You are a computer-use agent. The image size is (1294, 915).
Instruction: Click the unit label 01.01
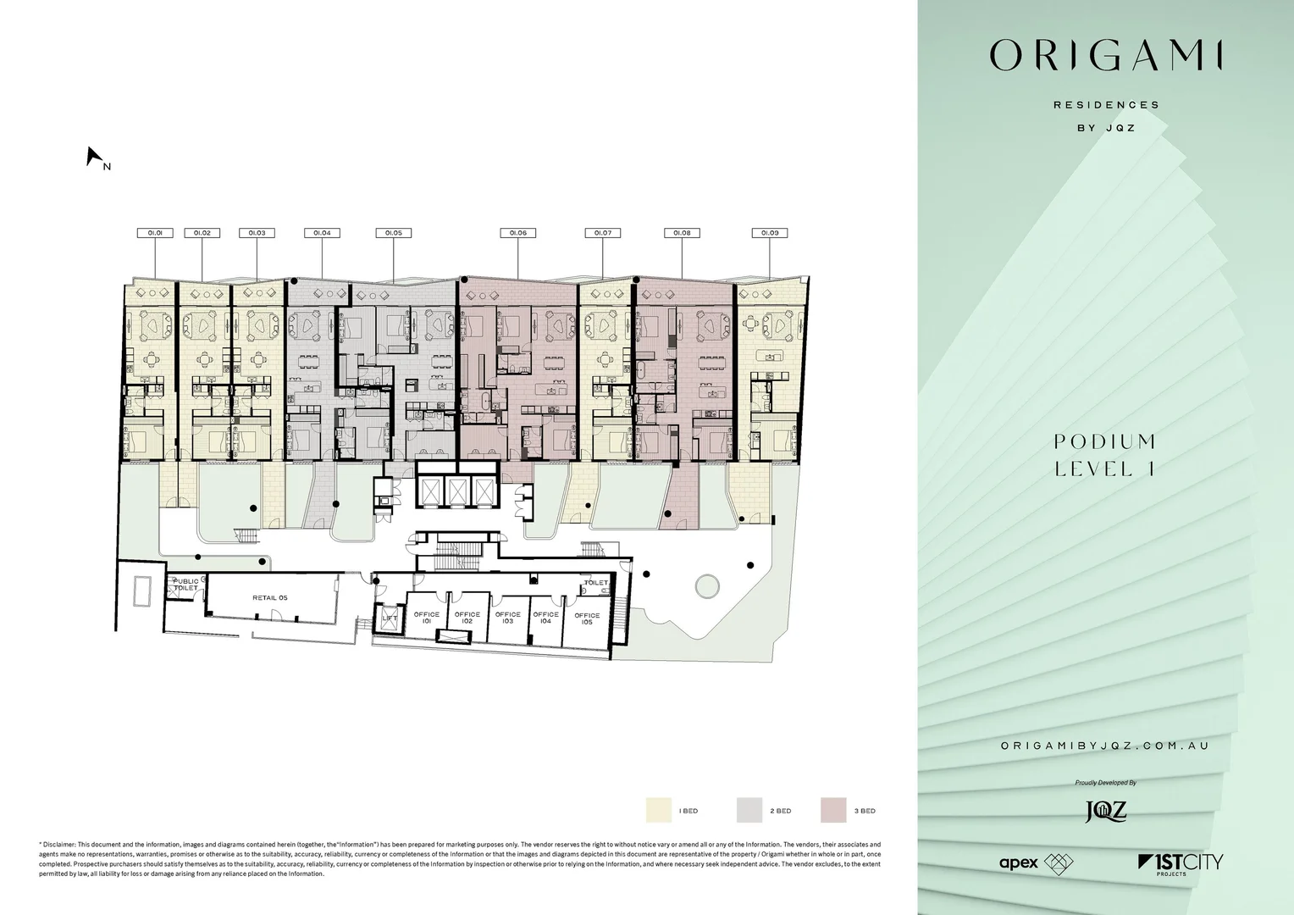coord(155,232)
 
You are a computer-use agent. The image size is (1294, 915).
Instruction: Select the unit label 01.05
coord(394,232)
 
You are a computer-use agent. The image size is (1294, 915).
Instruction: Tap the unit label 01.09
coord(770,232)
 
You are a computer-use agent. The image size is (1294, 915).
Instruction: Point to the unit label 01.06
coord(518,232)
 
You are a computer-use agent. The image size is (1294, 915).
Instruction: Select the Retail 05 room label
coord(270,598)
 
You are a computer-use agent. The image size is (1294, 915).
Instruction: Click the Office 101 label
coord(427,618)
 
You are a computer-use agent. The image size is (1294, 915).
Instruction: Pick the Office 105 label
coord(587,618)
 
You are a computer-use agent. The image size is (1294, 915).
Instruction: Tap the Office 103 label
coord(508,618)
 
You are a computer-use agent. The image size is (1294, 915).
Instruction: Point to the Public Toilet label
coord(185,585)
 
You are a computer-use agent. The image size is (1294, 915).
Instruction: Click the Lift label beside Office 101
coord(390,618)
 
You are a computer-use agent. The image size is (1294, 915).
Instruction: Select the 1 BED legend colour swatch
coord(658,811)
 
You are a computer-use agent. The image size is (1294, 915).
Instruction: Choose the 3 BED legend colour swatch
coord(833,811)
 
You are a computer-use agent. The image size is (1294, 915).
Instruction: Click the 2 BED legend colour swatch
coord(749,811)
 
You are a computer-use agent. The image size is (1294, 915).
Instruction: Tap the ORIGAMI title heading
coord(1106,56)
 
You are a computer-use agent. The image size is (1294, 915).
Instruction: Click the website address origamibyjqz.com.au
coord(1105,746)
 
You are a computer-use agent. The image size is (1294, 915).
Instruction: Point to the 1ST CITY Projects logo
coord(1181,864)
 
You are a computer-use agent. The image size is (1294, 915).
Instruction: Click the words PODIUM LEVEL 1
coord(1105,455)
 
